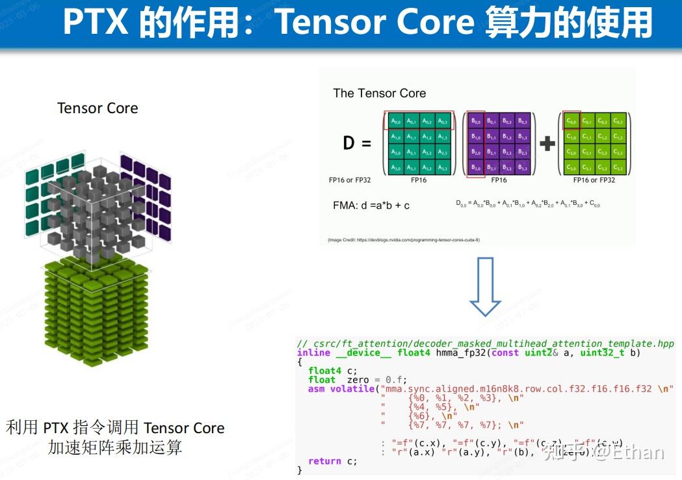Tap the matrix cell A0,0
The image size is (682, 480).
[x=395, y=120]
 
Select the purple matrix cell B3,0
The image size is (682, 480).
[x=476, y=168]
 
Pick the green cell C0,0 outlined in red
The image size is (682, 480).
[x=571, y=120]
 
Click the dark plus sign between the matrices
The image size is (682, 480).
[x=547, y=144]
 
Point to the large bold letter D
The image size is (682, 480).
[x=349, y=143]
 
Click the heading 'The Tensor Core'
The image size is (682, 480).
[x=379, y=93]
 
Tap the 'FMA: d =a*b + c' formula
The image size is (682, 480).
[x=371, y=206]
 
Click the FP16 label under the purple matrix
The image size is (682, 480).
[x=499, y=180]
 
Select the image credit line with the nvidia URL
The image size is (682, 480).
[x=403, y=240]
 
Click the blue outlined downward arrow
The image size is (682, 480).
[x=485, y=287]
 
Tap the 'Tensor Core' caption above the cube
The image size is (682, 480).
[x=98, y=108]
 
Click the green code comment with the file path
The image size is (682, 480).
[x=485, y=343]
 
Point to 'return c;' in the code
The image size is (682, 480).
[x=332, y=461]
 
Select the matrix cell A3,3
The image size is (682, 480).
[x=443, y=168]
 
